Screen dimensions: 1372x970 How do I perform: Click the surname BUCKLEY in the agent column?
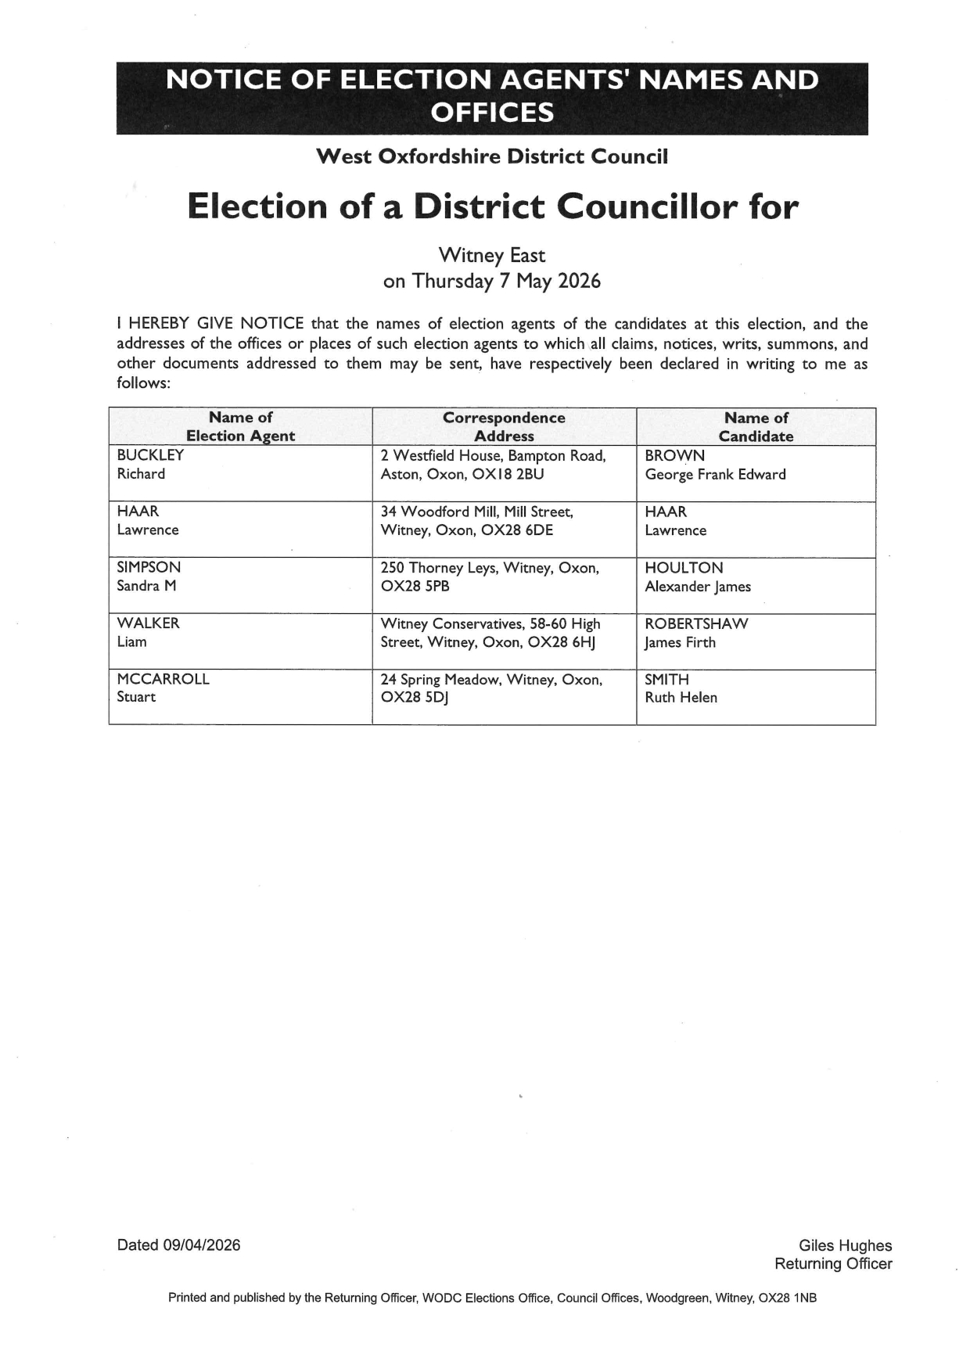point(150,455)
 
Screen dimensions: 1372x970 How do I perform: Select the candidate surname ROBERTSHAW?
point(696,623)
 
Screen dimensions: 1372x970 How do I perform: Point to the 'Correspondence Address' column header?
point(504,427)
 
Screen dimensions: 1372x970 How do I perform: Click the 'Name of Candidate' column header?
point(756,427)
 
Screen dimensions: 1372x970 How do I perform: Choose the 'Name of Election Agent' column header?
point(240,427)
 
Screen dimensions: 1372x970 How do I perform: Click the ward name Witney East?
point(491,255)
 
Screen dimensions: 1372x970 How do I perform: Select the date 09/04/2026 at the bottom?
point(202,1245)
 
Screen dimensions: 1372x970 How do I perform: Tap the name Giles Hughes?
point(845,1245)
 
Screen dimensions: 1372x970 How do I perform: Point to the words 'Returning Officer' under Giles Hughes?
point(833,1263)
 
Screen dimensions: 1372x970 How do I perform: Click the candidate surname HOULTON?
point(684,568)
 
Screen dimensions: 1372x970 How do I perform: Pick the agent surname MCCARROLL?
point(163,679)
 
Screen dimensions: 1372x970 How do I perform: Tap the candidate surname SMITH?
point(666,679)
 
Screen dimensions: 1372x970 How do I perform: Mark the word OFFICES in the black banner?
point(492,113)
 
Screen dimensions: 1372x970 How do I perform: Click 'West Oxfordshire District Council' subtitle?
point(492,156)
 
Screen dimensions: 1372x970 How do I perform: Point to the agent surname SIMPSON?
point(149,567)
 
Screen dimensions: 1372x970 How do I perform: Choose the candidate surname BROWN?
point(674,455)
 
